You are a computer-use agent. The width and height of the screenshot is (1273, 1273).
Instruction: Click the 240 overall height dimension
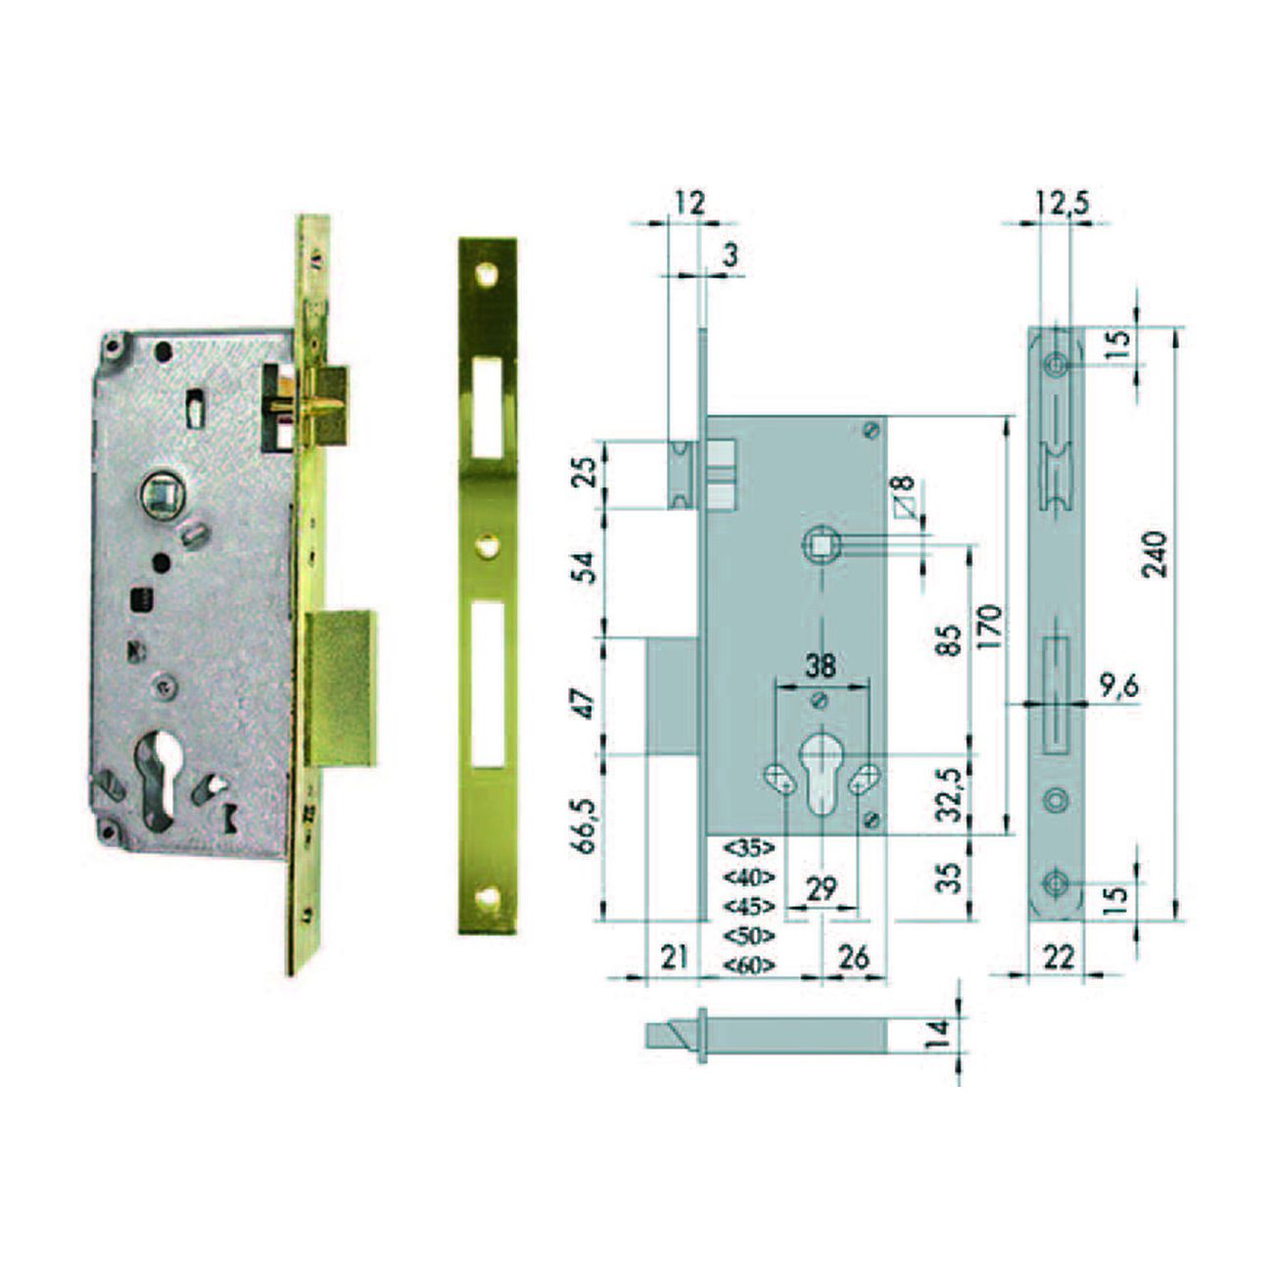pos(1156,554)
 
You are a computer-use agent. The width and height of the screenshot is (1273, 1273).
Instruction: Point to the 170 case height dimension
pos(991,626)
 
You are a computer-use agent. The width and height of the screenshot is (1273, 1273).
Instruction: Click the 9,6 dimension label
pos(1118,686)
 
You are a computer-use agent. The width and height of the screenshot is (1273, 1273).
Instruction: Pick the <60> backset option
pos(748,966)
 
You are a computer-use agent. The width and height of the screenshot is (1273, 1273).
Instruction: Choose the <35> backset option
pos(748,847)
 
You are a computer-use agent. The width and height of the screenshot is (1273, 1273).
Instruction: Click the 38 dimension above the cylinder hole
pos(821,666)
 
